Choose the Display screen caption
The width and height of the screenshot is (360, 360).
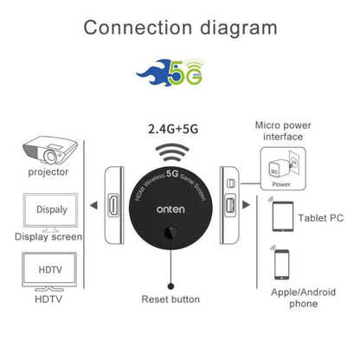click(x=48, y=236)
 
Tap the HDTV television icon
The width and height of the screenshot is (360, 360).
click(x=48, y=270)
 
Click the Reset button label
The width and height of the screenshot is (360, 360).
click(x=170, y=299)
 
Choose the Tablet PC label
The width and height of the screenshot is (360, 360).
click(x=321, y=218)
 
